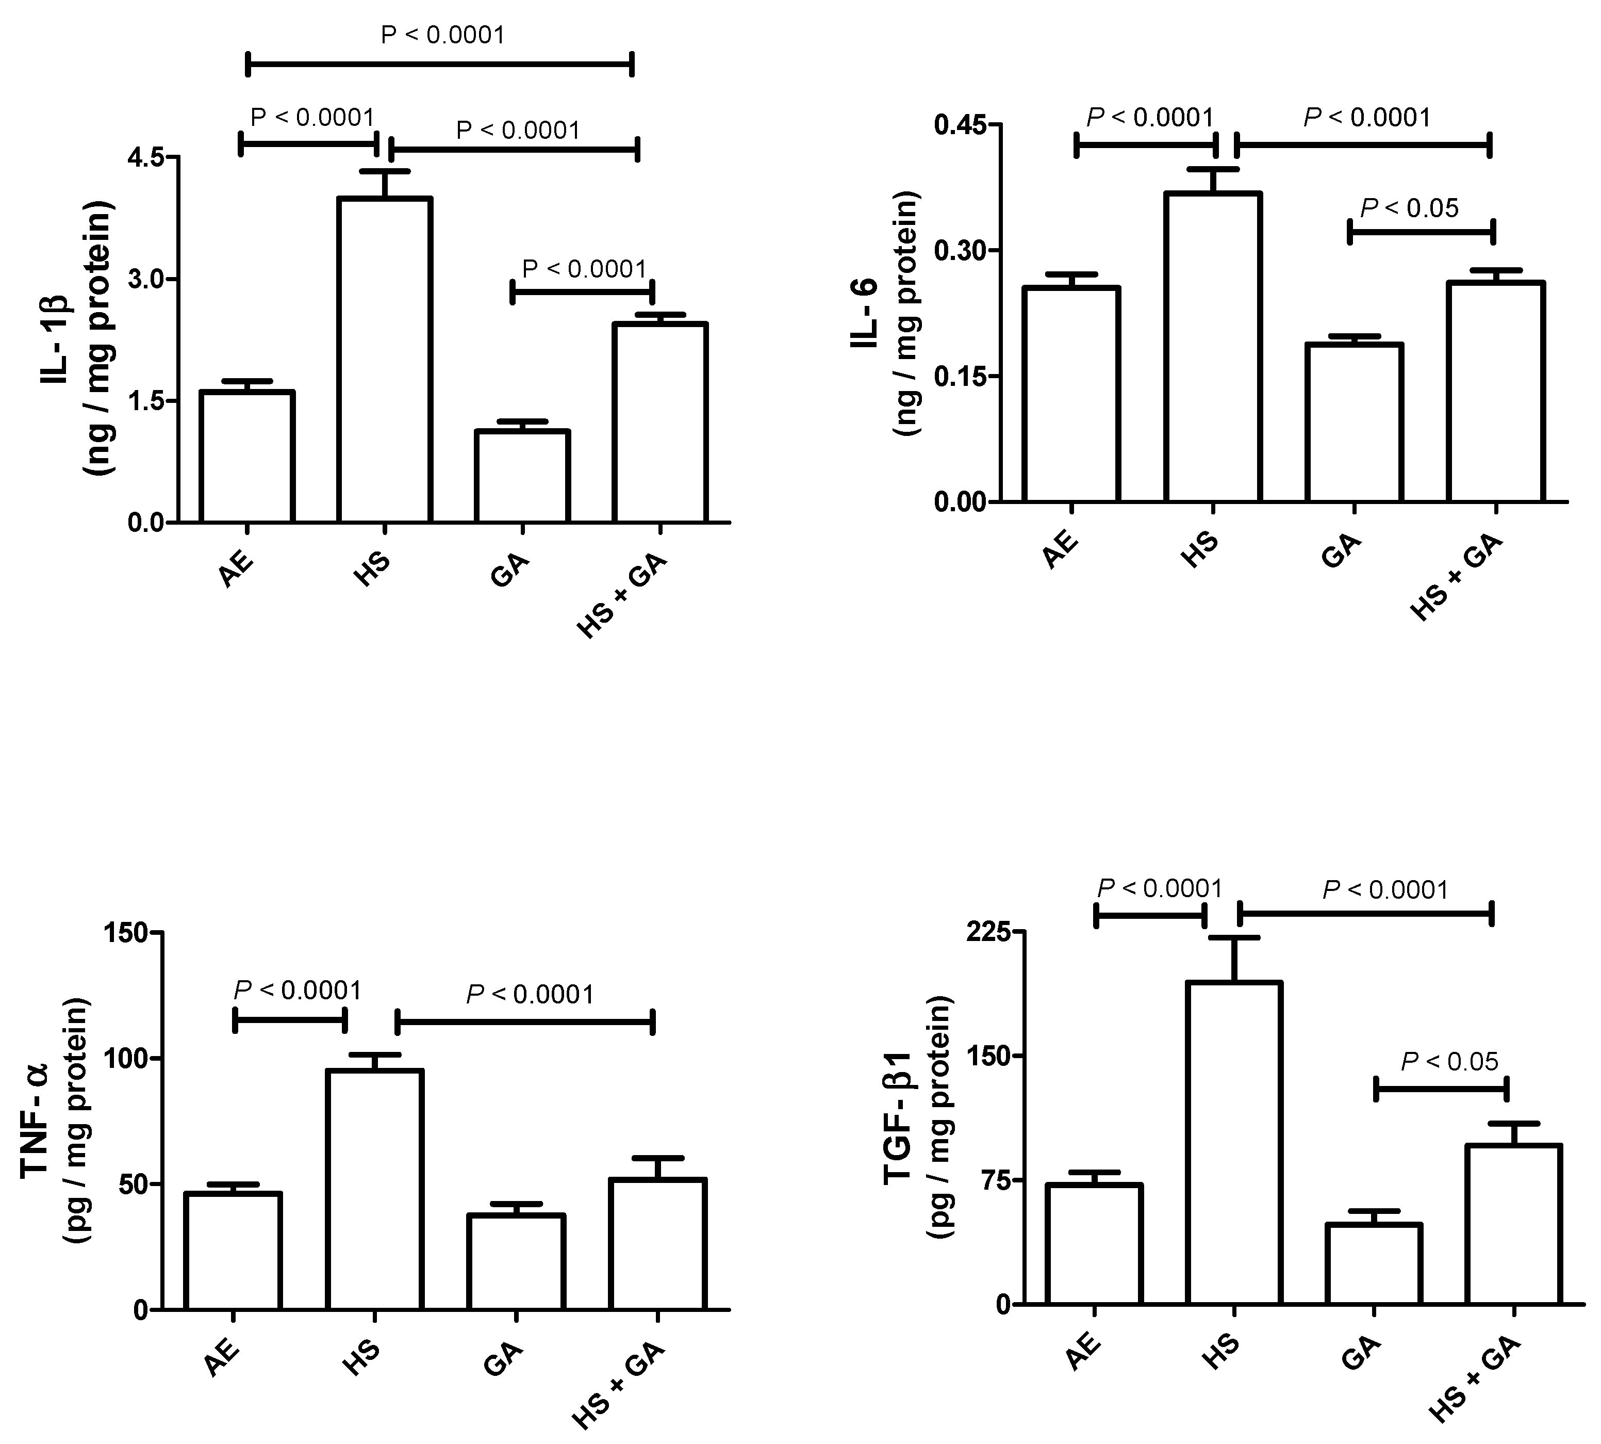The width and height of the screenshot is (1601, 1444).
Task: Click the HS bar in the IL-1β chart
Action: click(x=385, y=361)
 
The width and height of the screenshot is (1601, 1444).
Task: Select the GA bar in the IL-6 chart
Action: click(x=1355, y=423)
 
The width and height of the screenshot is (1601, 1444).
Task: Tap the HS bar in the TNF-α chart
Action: click(x=374, y=1190)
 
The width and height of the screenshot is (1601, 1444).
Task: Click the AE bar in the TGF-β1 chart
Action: click(x=1094, y=1244)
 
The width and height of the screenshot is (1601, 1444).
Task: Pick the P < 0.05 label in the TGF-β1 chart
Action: click(x=1449, y=1062)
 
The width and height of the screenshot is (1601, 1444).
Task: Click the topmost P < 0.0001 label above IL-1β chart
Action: click(x=442, y=35)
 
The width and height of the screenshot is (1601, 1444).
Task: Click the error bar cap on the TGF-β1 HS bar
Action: click(x=1234, y=938)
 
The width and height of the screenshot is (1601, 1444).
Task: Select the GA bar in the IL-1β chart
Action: click(x=522, y=476)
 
